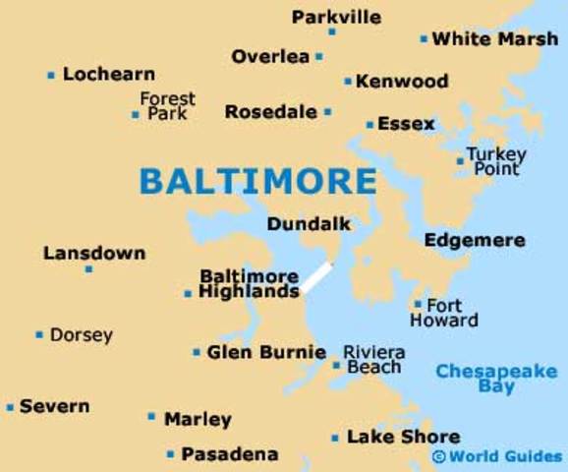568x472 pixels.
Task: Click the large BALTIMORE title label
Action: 257,181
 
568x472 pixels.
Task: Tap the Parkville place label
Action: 336,17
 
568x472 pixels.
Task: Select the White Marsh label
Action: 495,39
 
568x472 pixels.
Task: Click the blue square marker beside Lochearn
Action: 51,75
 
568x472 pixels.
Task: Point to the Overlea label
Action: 270,56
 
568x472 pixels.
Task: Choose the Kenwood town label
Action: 402,81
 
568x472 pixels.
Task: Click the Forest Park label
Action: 167,106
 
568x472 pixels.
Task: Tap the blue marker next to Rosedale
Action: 327,112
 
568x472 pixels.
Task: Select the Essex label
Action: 406,124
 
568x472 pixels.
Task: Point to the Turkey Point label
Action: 496,161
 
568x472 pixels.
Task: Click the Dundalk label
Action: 309,224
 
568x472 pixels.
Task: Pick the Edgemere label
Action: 475,240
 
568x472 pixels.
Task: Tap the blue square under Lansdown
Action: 88,268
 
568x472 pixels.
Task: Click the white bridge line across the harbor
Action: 316,277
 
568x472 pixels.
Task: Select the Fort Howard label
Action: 444,313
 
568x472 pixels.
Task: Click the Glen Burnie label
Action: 266,351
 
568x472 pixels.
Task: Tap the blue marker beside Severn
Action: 10,406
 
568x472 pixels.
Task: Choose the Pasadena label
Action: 230,454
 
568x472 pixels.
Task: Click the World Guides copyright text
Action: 497,456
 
